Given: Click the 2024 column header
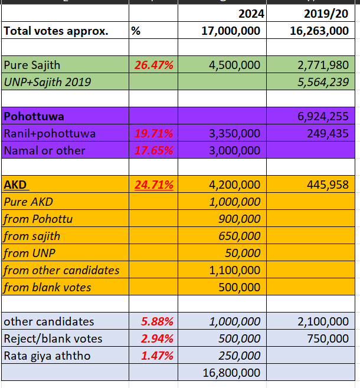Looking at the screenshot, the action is pyautogui.click(x=251, y=14).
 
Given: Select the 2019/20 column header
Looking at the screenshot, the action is pyautogui.click(x=326, y=14).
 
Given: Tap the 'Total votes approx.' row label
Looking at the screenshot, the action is pyautogui.click(x=56, y=31).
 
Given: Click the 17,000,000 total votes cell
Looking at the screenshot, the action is pyautogui.click(x=231, y=31).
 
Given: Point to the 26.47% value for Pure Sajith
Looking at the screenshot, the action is pyautogui.click(x=154, y=65).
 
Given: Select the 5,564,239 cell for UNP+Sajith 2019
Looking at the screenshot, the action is pyautogui.click(x=323, y=82).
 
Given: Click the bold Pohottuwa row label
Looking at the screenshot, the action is pyautogui.click(x=34, y=116).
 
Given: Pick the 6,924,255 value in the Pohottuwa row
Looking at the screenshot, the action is pyautogui.click(x=323, y=116).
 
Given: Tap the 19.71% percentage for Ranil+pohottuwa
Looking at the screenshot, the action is pyautogui.click(x=154, y=133).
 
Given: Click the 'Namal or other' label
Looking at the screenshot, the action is pyautogui.click(x=45, y=150).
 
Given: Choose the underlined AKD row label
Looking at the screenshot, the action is pyautogui.click(x=15, y=185).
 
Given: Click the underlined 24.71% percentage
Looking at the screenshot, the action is pyautogui.click(x=154, y=185).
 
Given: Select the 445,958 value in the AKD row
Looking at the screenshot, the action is pyautogui.click(x=328, y=185).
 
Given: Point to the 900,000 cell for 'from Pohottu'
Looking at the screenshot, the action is pyautogui.click(x=239, y=219).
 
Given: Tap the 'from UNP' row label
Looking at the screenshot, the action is pyautogui.click(x=30, y=253).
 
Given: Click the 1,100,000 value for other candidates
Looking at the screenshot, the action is pyautogui.click(x=234, y=270).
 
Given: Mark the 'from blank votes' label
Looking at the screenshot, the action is pyautogui.click(x=47, y=288).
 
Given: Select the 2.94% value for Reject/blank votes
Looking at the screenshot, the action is pyautogui.click(x=157, y=338).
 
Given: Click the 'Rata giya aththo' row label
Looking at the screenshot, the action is pyautogui.click(x=47, y=356).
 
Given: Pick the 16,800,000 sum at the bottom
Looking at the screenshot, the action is pyautogui.click(x=231, y=373).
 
